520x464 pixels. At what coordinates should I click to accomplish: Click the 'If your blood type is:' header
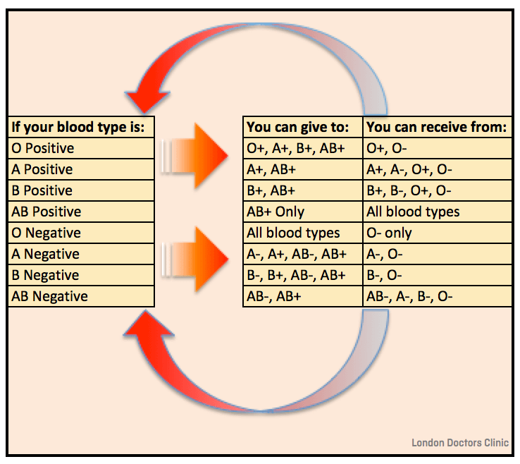tap(78, 128)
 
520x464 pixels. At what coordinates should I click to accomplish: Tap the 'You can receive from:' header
tap(436, 128)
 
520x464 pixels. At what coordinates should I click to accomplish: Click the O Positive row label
tap(43, 149)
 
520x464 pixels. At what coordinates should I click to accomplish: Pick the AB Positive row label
tap(47, 212)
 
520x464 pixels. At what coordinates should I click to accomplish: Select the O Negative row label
tap(47, 233)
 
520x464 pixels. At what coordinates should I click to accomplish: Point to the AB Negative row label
tap(50, 297)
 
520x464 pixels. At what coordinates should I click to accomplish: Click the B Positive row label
tap(42, 191)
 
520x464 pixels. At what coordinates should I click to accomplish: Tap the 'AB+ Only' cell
tap(276, 212)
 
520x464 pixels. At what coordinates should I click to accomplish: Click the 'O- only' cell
tap(389, 233)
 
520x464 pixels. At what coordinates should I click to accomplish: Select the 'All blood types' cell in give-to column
tap(293, 233)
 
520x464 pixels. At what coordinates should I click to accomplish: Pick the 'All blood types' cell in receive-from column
tap(413, 212)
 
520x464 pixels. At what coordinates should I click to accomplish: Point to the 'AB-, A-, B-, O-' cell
tap(409, 297)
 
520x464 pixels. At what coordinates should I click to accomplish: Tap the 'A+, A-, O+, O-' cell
tap(409, 170)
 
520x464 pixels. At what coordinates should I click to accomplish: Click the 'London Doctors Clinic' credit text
tap(460, 443)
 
